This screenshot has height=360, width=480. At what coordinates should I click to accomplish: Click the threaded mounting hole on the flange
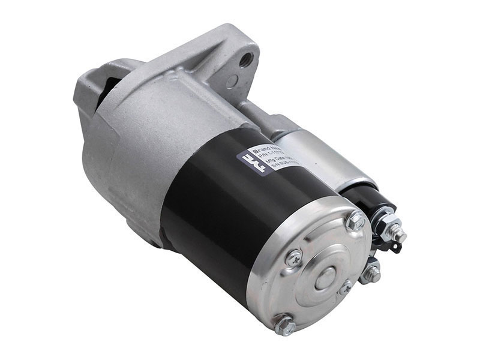click(245, 59)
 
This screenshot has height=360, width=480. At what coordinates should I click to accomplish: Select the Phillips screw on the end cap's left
click(293, 258)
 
